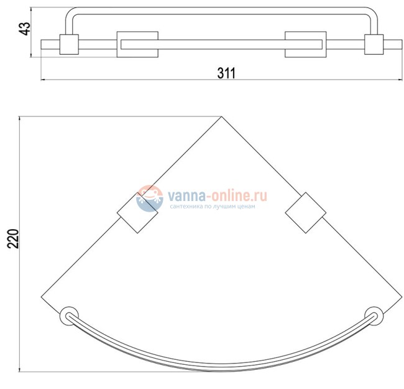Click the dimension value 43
[x=25, y=29]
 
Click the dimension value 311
[x=226, y=73]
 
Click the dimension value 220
[x=13, y=238]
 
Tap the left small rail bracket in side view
[x=69, y=44]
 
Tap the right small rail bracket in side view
[x=374, y=44]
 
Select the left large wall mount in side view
[x=137, y=44]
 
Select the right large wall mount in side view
[x=306, y=44]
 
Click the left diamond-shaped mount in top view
[x=137, y=213]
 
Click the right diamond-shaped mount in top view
[x=306, y=213]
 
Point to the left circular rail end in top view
[x=69, y=316]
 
